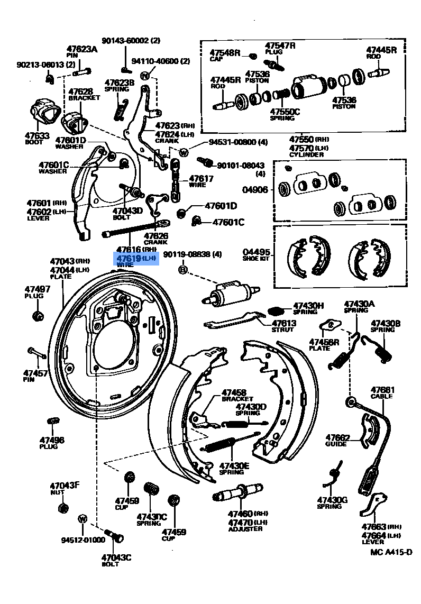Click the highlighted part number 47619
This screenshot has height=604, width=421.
click(129, 258)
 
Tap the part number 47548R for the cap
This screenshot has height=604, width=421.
click(225, 53)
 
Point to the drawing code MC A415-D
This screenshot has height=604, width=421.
click(391, 552)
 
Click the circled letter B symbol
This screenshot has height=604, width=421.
click(183, 270)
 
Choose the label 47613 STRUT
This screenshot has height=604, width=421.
click(284, 326)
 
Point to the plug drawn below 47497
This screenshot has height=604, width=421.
click(37, 316)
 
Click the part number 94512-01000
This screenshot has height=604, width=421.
click(83, 540)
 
